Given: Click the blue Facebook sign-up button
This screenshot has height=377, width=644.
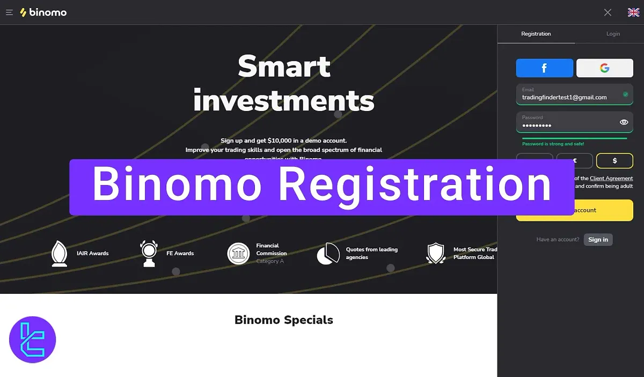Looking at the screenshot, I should pos(544,68).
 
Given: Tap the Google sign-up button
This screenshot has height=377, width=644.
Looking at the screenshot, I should pos(604,68).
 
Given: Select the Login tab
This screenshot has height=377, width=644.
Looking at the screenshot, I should pos(613,34).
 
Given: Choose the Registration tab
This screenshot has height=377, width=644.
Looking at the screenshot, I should pos(536,34).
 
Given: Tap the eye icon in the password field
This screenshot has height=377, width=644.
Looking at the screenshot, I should pos(624,122).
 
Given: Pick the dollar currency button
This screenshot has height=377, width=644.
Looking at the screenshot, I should pos(614,160).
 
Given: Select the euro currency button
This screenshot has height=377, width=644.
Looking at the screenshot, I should pos(574,160).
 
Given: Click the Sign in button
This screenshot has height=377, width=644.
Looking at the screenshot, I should pos(598,240).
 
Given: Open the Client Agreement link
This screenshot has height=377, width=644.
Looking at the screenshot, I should pos(611,178).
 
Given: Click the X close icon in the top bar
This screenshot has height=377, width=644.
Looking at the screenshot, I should pos(608,12).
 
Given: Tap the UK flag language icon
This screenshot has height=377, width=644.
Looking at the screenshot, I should pos(633,12).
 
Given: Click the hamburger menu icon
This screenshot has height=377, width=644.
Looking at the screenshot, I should pos(9,12).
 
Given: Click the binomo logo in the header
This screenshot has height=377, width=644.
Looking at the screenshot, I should pos(43,12).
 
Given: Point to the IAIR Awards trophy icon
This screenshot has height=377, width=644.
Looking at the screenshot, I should pos(59,253).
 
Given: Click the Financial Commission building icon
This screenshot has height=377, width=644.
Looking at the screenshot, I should pos(238,253).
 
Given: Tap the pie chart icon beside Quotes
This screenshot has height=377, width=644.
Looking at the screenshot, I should pos(328,253).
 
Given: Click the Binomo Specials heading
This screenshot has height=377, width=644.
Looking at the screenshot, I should pos(283,320).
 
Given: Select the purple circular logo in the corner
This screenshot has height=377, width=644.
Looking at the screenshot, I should pos(33,340).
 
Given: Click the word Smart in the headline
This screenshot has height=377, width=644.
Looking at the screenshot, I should pos(284,67).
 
